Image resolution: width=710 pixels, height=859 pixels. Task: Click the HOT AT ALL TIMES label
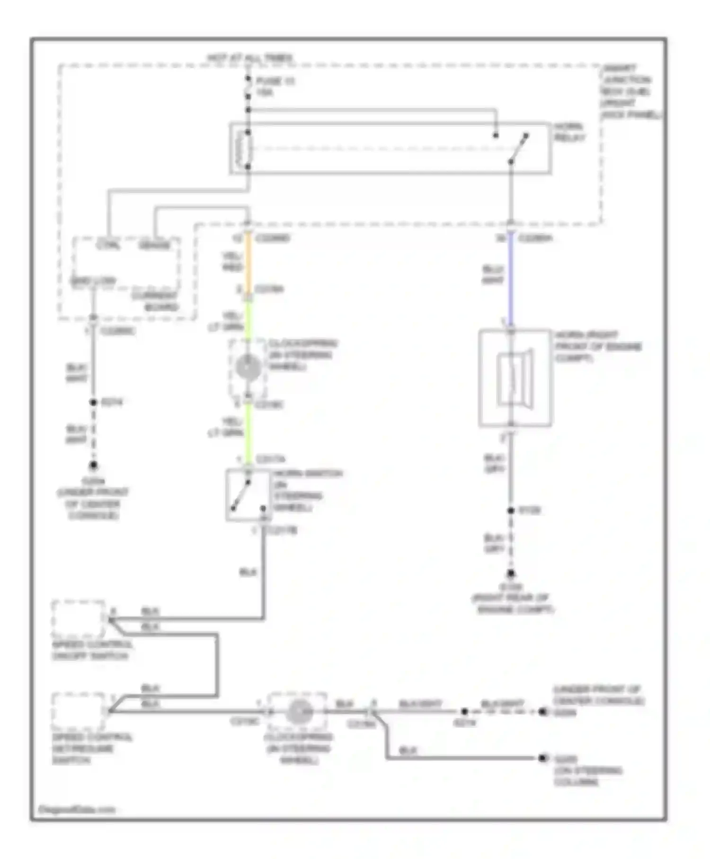tap(249, 58)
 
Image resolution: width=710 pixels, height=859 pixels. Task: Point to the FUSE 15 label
tap(275, 81)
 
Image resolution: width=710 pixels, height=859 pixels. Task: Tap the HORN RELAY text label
tap(569, 132)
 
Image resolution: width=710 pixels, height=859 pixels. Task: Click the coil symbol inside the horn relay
tap(247, 149)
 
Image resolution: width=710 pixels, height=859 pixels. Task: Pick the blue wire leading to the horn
tap(511, 279)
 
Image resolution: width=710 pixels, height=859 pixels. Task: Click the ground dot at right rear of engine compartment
tap(511, 574)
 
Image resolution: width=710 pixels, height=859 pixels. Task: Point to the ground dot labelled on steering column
tap(542, 758)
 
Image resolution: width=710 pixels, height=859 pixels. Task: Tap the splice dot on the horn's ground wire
tap(511, 510)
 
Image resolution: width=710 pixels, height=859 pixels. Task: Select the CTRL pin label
tap(108, 245)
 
